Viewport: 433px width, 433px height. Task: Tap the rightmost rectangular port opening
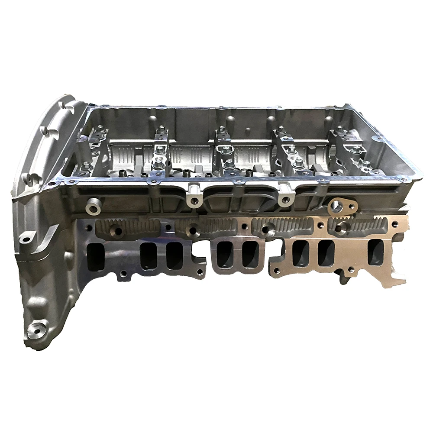tap(375, 252)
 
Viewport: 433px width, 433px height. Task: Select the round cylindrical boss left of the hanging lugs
tap(93, 207)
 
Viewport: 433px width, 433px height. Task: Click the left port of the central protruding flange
tap(224, 256)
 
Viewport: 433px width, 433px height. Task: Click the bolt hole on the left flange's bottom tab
tap(123, 273)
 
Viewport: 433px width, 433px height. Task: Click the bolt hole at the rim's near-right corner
tap(403, 178)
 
